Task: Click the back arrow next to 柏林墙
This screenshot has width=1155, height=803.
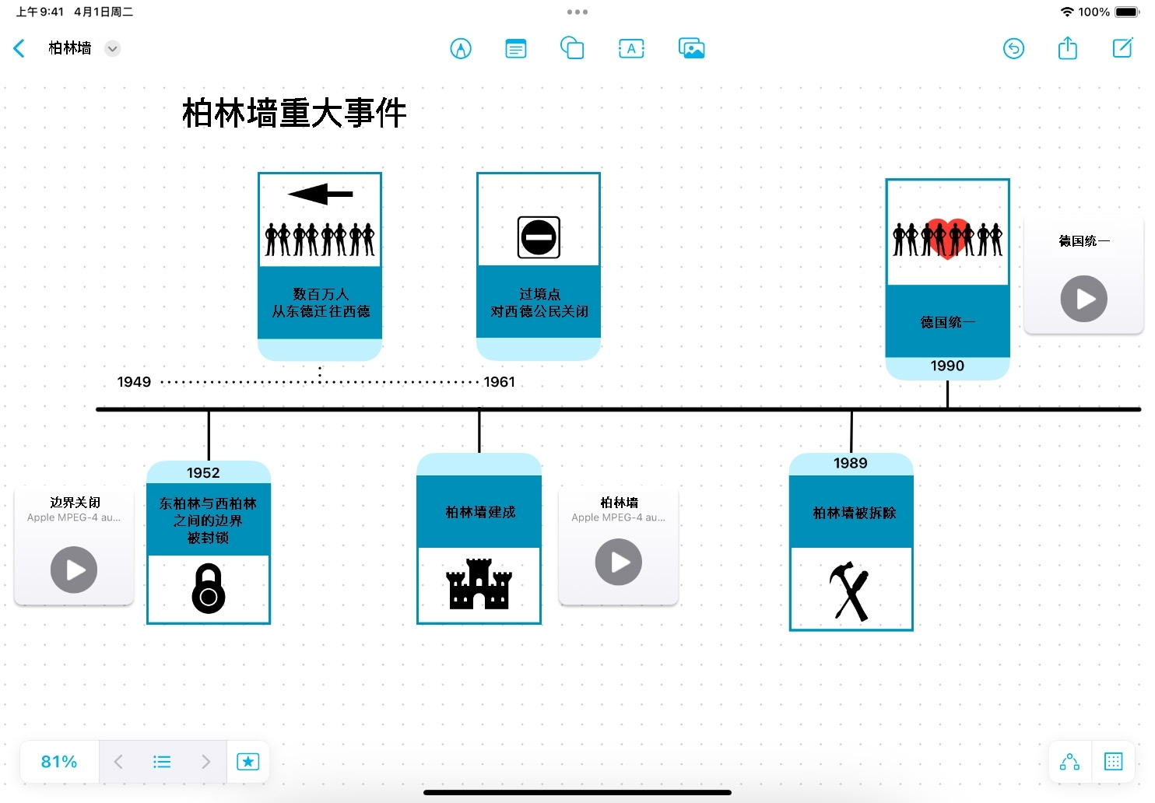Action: (x=19, y=48)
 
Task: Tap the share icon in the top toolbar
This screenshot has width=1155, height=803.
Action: (x=1067, y=48)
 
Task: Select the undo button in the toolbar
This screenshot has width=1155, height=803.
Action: (x=1013, y=48)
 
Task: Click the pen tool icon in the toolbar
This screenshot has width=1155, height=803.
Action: (x=461, y=49)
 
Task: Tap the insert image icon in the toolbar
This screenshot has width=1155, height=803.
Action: (x=691, y=48)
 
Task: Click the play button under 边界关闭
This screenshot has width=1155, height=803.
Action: (x=74, y=570)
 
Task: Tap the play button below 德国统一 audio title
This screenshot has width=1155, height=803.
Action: (x=1083, y=299)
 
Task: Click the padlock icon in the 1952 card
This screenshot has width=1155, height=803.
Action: (x=209, y=589)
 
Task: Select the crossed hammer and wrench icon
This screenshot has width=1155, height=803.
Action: (x=850, y=591)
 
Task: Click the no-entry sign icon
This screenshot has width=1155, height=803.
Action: (x=539, y=237)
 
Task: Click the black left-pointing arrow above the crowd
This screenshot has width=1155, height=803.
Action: (x=320, y=194)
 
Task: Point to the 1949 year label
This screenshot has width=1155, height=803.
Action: (x=134, y=382)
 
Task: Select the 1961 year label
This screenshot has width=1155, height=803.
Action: (x=500, y=382)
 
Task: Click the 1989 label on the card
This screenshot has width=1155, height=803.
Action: (x=850, y=464)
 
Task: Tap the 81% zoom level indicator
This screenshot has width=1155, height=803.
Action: (x=59, y=762)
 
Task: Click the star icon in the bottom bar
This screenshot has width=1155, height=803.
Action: (x=247, y=762)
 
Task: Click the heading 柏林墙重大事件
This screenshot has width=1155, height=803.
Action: (x=294, y=114)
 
